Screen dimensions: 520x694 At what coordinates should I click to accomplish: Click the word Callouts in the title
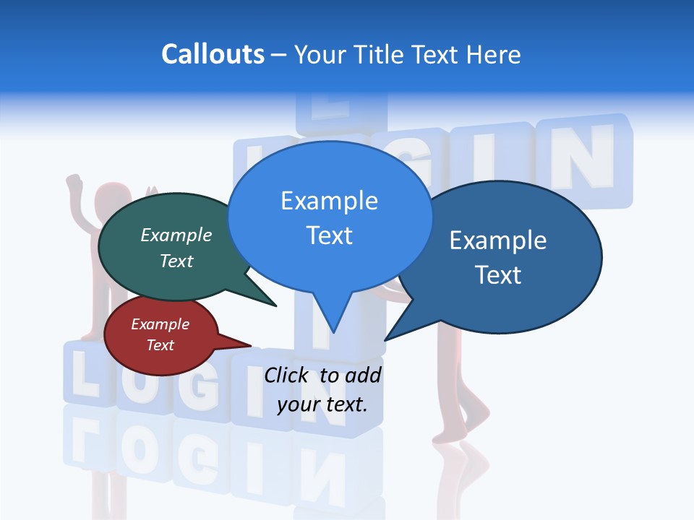coord(213,54)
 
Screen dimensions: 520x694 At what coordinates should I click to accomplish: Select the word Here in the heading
coord(494,54)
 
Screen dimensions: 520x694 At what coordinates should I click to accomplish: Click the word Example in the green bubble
coord(176,235)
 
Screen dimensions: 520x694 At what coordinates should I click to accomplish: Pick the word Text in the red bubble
coord(160,345)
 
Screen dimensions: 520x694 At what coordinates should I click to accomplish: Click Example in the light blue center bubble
coord(329,200)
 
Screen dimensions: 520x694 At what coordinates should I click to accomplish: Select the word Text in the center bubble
coord(329,235)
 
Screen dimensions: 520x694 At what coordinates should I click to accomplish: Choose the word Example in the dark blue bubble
coord(498,240)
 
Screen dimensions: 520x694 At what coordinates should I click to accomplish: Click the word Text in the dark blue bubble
coord(498,275)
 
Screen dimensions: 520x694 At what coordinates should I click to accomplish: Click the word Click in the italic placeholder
coord(288,375)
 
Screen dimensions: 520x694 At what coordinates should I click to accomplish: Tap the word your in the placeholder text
coord(298,404)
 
